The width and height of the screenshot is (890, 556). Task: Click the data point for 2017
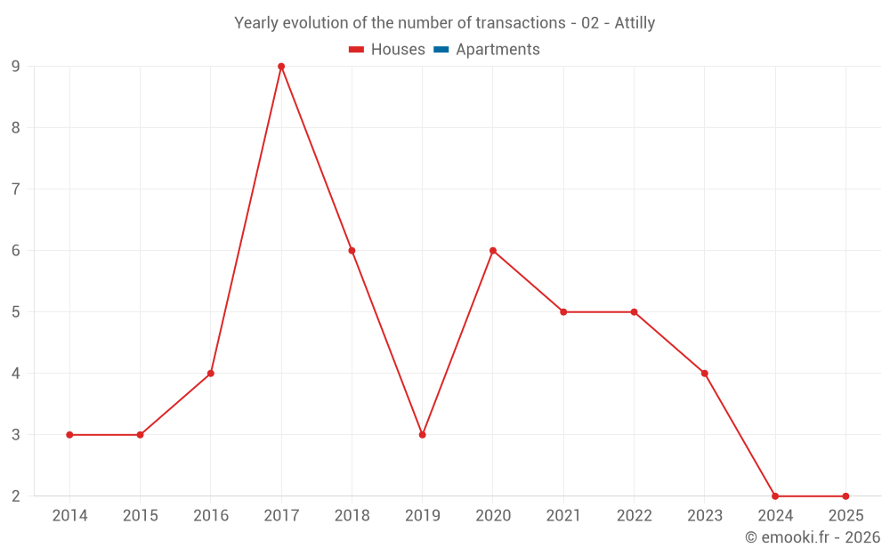(281, 67)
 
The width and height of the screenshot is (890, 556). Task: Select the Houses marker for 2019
(422, 435)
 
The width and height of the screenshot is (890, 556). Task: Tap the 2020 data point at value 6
(493, 251)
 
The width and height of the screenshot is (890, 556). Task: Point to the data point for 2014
(69, 435)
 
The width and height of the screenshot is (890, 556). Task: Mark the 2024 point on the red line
(775, 496)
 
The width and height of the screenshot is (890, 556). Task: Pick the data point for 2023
(705, 374)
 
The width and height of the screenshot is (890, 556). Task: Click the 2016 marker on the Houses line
(211, 374)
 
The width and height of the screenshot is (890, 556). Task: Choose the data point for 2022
(634, 312)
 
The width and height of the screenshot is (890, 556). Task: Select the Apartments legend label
(498, 50)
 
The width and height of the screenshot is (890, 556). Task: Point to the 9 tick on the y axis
(16, 67)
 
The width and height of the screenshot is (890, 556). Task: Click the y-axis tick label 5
(16, 312)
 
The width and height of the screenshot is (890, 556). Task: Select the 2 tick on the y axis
(16, 496)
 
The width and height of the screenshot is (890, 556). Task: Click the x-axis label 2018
(352, 516)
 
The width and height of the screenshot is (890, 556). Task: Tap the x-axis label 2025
(845, 516)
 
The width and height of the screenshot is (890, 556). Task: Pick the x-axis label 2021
(563, 516)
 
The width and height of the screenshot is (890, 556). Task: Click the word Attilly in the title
(635, 23)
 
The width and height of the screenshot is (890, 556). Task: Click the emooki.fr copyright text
(813, 537)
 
